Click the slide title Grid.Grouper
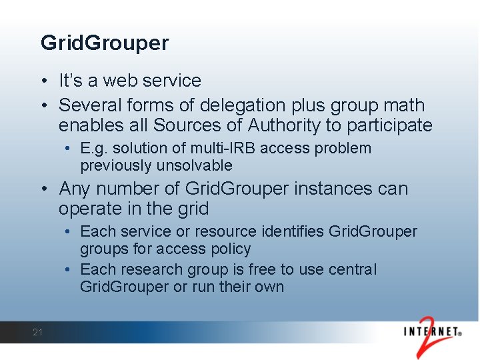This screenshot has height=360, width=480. click(x=105, y=43)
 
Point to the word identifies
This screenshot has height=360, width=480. click(x=279, y=231)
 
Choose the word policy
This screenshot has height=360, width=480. click(x=231, y=249)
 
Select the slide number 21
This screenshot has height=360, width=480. click(x=37, y=332)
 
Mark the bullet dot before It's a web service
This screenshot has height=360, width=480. click(x=43, y=81)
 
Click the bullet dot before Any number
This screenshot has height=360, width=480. click(x=43, y=189)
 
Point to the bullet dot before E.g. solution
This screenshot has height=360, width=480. click(x=69, y=149)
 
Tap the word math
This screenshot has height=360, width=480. click(x=402, y=105)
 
